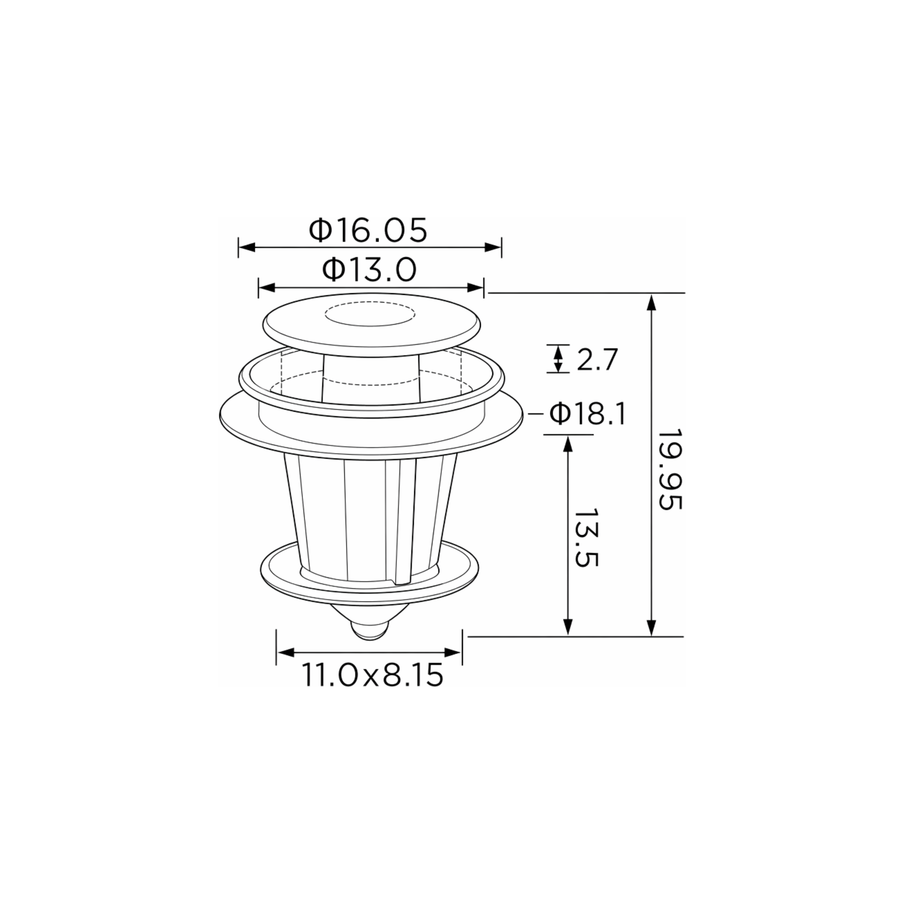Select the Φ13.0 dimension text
[369, 270]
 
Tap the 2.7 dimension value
[597, 360]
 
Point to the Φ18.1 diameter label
[587, 414]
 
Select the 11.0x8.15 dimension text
[372, 675]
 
